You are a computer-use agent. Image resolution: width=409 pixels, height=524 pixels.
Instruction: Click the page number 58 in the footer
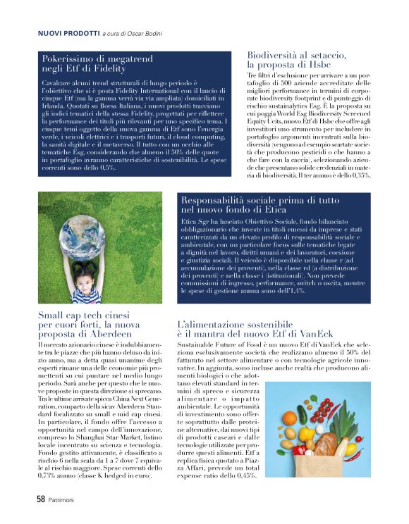pos(41,499)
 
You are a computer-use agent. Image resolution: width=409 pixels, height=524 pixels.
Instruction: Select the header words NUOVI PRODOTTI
pos(68,33)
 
